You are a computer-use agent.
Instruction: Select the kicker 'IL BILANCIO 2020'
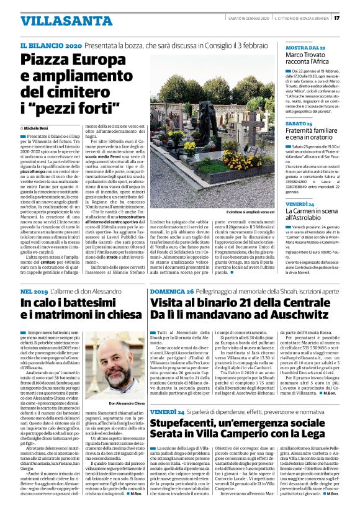(51, 46)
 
